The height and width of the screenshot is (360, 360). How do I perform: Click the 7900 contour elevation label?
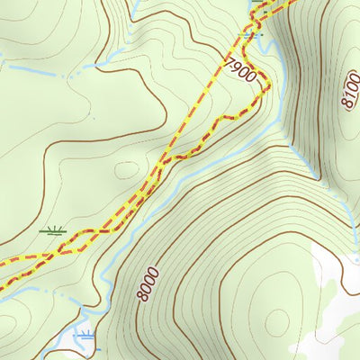(240, 69)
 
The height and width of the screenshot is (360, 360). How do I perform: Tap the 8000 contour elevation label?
(148, 284)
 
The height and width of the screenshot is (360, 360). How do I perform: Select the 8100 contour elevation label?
(350, 91)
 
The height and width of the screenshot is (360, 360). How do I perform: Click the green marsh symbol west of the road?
(53, 231)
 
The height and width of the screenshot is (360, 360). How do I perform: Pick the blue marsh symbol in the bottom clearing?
(85, 335)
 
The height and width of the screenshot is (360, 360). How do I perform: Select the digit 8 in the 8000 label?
(142, 298)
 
